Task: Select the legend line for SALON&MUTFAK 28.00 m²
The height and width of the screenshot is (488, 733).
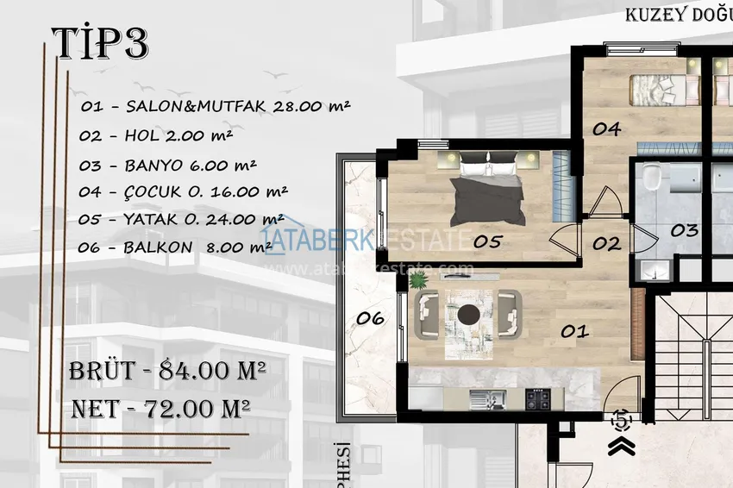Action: [215, 107]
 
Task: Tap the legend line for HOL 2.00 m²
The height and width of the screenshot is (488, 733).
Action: [155, 135]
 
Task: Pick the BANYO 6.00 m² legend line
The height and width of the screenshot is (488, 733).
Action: [167, 164]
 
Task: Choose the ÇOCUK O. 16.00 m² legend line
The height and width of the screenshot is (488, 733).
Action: [184, 191]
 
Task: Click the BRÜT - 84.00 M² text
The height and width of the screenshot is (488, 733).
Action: [166, 372]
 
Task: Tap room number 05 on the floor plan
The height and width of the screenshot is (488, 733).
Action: [487, 242]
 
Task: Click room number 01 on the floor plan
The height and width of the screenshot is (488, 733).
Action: [575, 330]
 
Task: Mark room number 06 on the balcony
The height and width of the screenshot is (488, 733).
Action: [370, 318]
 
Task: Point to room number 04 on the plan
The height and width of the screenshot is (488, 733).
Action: [606, 129]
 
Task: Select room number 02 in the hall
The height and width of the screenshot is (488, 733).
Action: [606, 244]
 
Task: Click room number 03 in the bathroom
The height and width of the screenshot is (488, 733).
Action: [684, 230]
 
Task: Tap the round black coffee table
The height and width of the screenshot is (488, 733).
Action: [470, 313]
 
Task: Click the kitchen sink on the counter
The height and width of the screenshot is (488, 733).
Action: [482, 398]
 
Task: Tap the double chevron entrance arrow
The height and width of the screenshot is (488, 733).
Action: [620, 445]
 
